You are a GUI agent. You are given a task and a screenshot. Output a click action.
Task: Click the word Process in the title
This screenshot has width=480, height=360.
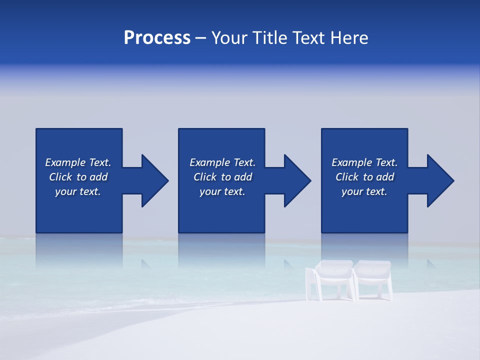click(157, 38)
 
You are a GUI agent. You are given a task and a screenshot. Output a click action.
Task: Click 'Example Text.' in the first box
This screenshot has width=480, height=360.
click(78, 162)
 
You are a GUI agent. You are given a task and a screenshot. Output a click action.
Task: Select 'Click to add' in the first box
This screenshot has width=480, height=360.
click(78, 177)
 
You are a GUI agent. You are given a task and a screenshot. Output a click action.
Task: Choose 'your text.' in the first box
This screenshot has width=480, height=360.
click(78, 191)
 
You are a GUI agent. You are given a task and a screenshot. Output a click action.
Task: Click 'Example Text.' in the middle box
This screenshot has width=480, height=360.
click(222, 162)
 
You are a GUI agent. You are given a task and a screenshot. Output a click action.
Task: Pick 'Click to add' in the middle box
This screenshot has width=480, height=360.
click(222, 177)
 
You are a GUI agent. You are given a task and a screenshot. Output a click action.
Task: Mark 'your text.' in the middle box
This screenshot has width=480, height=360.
click(222, 191)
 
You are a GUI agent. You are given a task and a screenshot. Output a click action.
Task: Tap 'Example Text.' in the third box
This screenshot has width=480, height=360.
click(364, 162)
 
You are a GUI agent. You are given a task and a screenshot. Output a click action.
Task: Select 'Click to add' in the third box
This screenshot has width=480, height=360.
click(364, 177)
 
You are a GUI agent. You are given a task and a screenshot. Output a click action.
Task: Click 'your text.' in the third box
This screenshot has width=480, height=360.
click(364, 191)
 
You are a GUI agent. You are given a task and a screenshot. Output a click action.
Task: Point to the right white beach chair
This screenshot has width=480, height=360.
click(374, 279)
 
